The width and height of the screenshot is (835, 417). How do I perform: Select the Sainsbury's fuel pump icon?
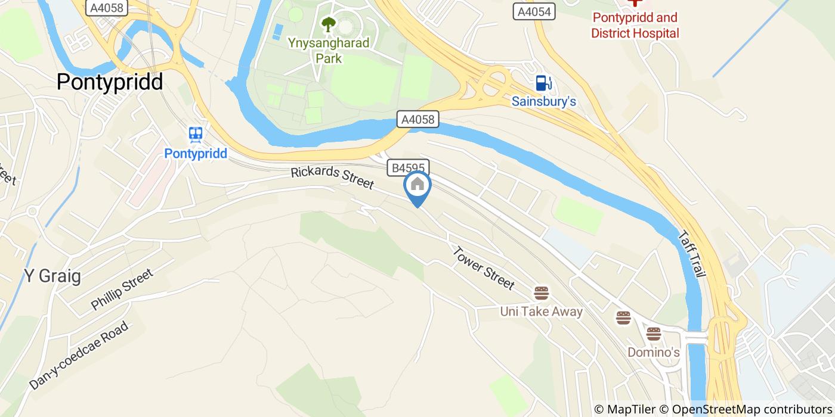point(543,83)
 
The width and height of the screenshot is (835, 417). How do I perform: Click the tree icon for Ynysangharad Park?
point(328,24)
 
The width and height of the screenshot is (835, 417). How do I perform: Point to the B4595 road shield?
point(409,168)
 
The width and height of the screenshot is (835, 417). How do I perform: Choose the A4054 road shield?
point(534,11)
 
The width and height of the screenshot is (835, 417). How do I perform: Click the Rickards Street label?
point(332,179)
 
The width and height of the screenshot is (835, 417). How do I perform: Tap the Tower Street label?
point(483,268)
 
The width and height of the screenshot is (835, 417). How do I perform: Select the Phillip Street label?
point(122,290)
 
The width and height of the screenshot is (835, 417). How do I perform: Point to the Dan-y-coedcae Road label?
point(79,356)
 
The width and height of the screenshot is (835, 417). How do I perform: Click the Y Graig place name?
point(52,276)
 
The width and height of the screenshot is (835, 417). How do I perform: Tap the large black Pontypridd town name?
point(110,82)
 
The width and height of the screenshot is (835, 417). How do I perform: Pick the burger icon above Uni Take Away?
point(542,293)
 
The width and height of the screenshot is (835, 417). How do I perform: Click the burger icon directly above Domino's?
point(654,334)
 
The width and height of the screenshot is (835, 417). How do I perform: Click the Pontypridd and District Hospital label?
point(635,25)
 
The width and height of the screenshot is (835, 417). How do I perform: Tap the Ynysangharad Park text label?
point(329,51)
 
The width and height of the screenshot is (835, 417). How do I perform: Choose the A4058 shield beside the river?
point(418,119)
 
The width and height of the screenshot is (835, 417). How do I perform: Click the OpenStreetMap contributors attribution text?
point(751,409)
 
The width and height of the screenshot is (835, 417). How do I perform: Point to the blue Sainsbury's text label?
point(543,101)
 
